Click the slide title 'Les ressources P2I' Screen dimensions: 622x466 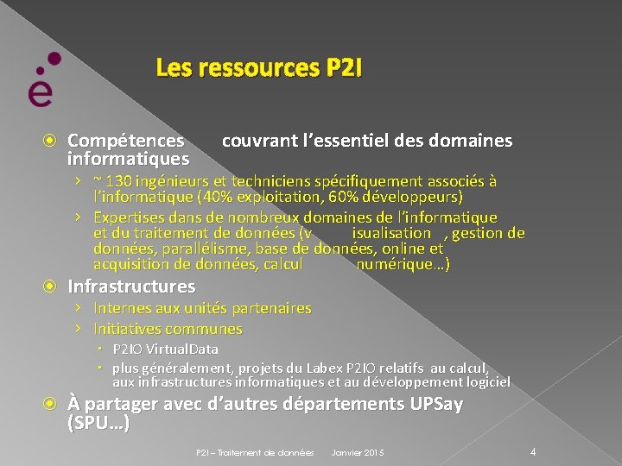pos(259,67)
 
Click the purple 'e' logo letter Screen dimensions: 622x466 pos(40,90)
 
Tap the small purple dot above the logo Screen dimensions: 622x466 pos(54,59)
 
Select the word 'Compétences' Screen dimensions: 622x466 pos(126,141)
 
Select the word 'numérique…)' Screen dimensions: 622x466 pos(403,264)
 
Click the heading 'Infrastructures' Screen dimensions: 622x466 pos(131,287)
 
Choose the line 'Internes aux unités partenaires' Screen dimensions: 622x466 pos(202,308)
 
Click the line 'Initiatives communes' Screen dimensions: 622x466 pos(168,329)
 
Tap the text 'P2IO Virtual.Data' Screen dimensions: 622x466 pos(164,349)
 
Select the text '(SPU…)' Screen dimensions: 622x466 pos(98,423)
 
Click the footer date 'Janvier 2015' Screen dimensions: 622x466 pos(358,453)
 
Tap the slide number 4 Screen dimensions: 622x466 pos(533,451)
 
